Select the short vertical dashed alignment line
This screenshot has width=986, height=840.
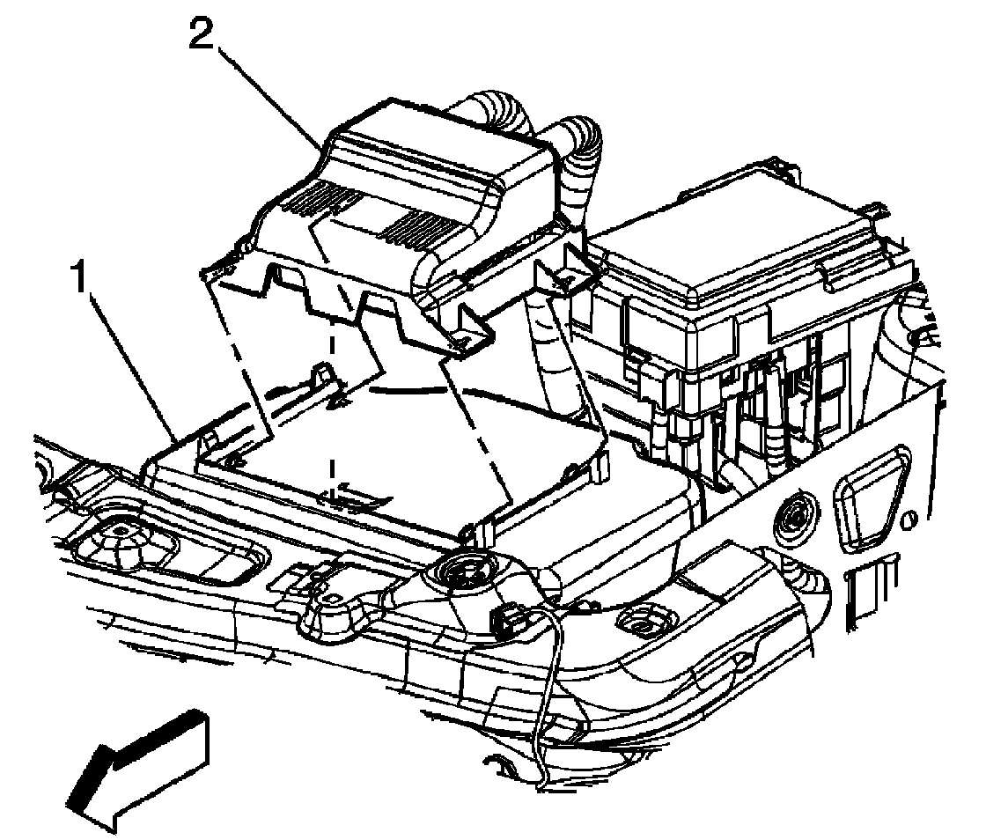pos(331,396)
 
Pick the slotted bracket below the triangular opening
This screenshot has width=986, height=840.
pos(867,590)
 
